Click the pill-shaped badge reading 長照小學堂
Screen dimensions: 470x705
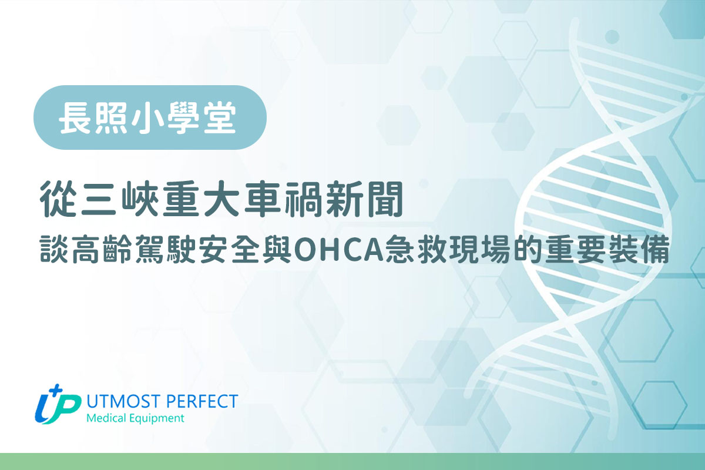click(x=150, y=117)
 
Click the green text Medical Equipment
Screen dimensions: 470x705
click(x=135, y=418)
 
